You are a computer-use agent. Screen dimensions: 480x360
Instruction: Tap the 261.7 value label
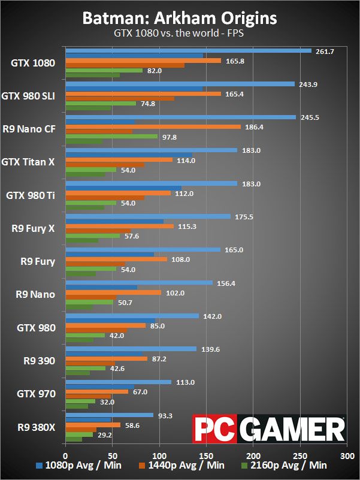click(324, 52)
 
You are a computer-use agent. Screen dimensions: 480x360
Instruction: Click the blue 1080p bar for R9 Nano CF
click(180, 117)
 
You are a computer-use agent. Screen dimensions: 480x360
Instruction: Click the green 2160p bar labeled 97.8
click(111, 136)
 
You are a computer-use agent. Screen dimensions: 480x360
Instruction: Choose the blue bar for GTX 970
click(118, 382)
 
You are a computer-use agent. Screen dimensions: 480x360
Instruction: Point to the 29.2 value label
click(105, 434)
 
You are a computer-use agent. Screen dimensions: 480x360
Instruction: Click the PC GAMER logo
click(268, 429)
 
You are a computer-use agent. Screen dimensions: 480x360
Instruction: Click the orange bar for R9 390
click(106, 358)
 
